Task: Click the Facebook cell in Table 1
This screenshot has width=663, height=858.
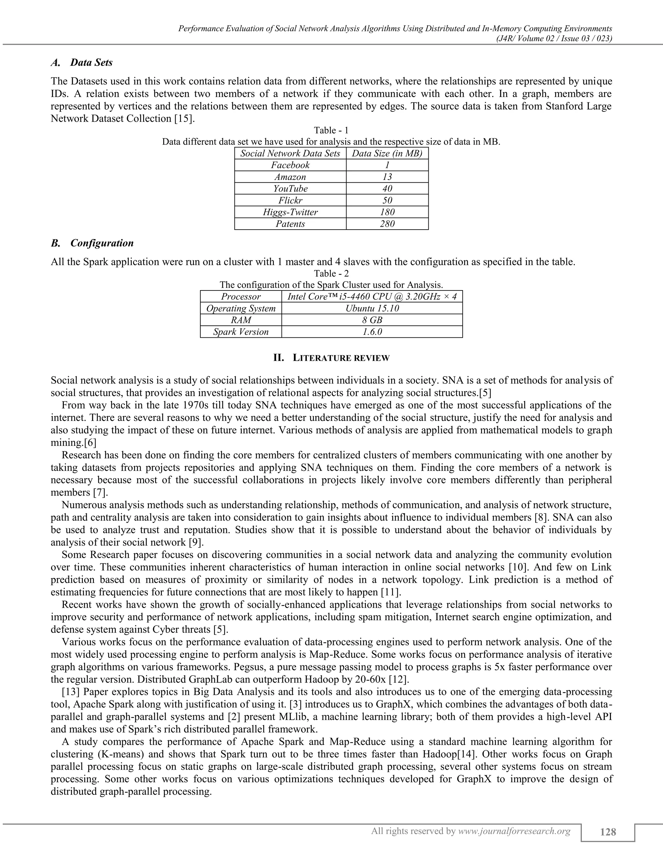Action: pyautogui.click(x=290, y=165)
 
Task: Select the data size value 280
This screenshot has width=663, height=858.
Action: pyautogui.click(x=387, y=224)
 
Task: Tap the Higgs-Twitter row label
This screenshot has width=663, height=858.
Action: pyautogui.click(x=290, y=212)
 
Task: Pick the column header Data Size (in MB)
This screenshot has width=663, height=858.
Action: pyautogui.click(x=387, y=153)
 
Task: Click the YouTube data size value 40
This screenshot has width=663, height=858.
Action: pyautogui.click(x=387, y=188)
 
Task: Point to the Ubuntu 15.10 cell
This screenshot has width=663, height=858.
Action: pyautogui.click(x=372, y=308)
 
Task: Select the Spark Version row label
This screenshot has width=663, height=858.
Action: pyautogui.click(x=241, y=332)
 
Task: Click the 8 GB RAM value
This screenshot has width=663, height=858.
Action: pyautogui.click(x=372, y=320)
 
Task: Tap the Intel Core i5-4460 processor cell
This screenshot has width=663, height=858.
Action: pyautogui.click(x=372, y=297)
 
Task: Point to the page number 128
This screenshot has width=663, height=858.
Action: pyautogui.click(x=608, y=832)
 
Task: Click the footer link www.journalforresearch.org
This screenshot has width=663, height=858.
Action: pyautogui.click(x=514, y=831)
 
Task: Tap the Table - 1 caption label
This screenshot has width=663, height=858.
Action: pyautogui.click(x=331, y=130)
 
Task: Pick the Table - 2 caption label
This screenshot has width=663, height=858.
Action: pyautogui.click(x=331, y=274)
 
